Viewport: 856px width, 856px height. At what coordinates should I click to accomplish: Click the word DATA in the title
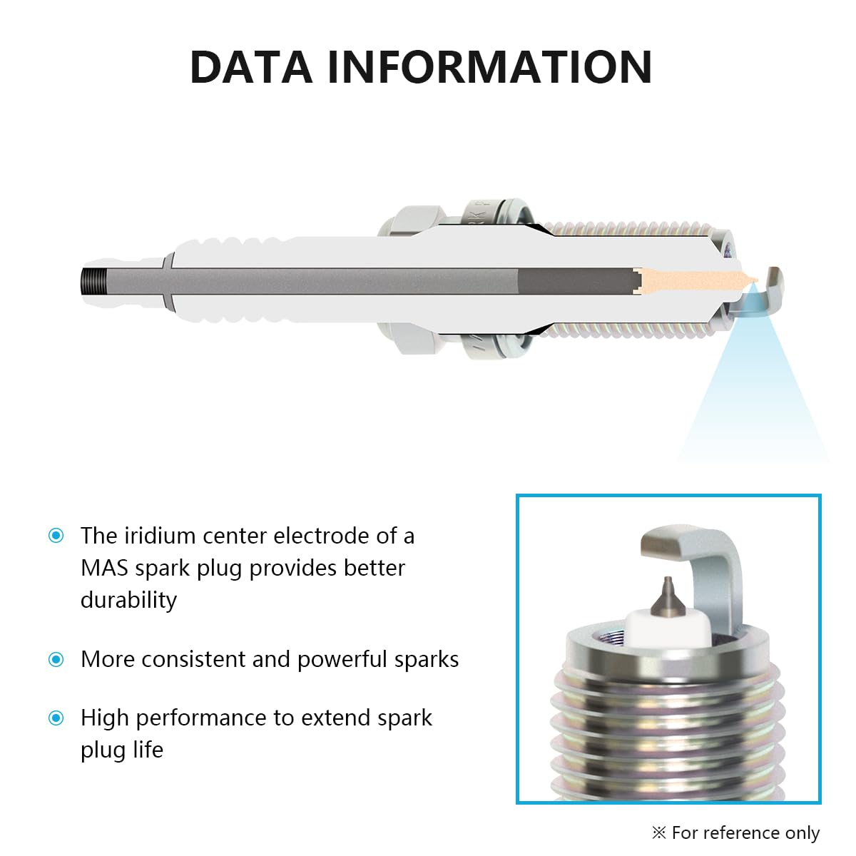click(x=251, y=67)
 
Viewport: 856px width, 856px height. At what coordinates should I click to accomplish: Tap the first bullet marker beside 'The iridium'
click(x=56, y=535)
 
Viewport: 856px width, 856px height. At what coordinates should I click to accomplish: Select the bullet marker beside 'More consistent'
click(x=56, y=659)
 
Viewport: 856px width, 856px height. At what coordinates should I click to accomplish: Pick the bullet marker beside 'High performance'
click(x=56, y=718)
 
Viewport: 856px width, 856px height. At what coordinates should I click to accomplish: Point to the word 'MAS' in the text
click(x=104, y=568)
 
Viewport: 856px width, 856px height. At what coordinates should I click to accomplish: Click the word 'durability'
click(x=129, y=601)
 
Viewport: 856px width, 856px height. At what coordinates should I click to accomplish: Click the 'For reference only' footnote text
click(x=745, y=832)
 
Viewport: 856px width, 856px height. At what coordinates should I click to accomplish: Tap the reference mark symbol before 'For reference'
click(x=659, y=832)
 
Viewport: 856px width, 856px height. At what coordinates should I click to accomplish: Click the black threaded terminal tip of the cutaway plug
click(x=94, y=281)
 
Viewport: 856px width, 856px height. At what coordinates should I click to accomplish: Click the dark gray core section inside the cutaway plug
click(x=578, y=281)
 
